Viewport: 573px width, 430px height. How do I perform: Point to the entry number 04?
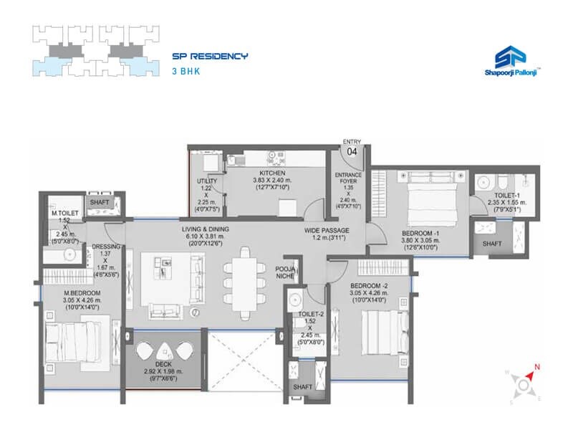click(x=352, y=152)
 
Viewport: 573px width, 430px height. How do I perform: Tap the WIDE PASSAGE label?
click(x=326, y=229)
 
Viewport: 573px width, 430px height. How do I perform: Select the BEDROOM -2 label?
click(x=369, y=285)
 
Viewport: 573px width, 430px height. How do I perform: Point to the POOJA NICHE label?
click(x=286, y=272)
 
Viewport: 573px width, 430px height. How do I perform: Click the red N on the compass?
click(x=537, y=368)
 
